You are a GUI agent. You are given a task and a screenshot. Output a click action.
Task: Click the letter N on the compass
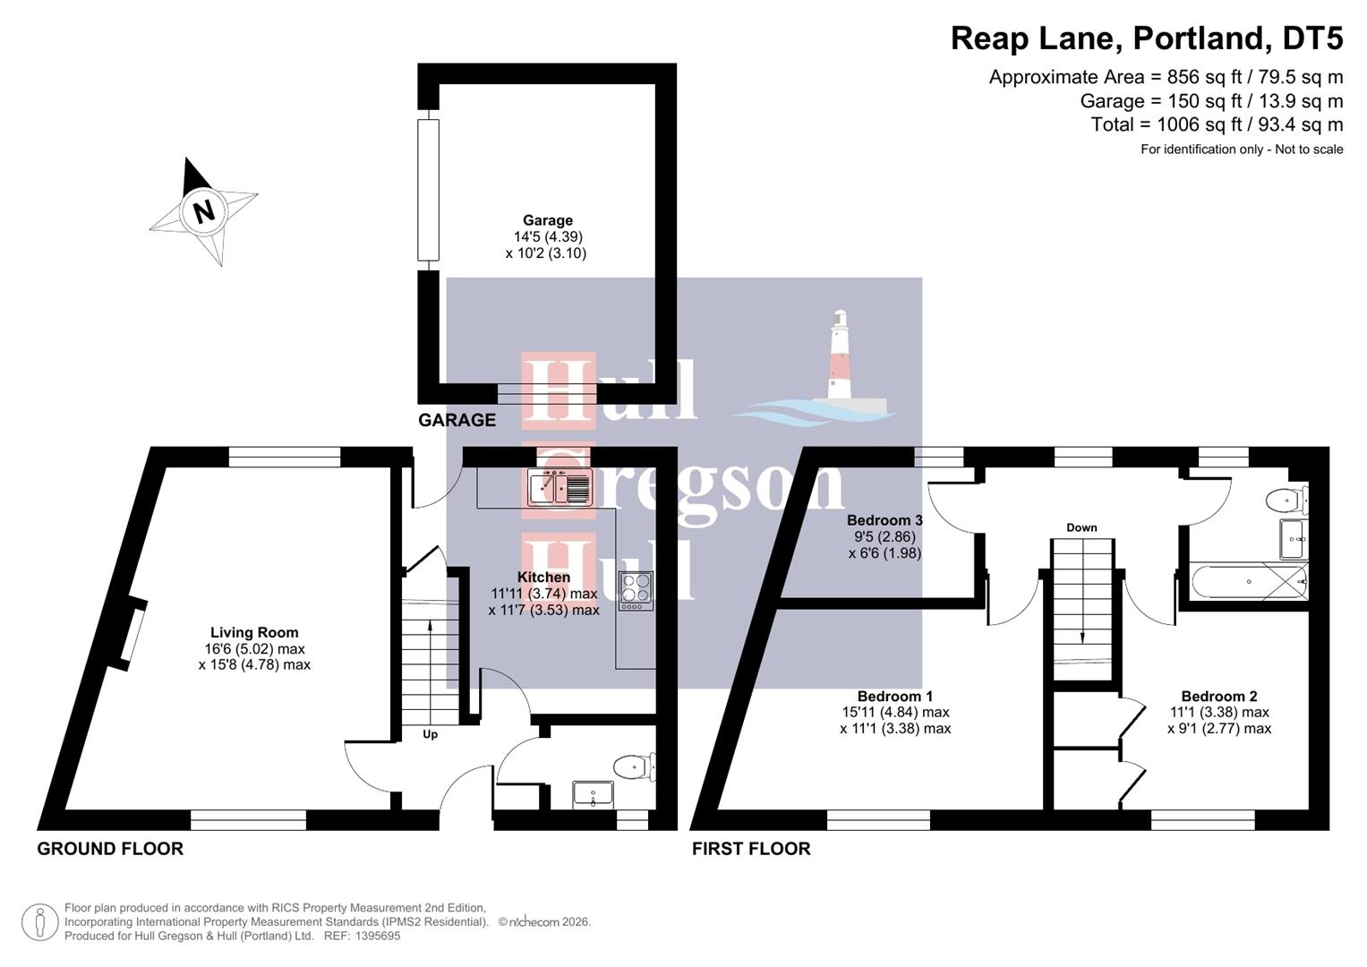[204, 212]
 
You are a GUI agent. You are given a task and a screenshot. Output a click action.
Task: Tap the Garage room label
[547, 220]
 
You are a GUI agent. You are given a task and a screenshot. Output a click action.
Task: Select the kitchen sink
[560, 487]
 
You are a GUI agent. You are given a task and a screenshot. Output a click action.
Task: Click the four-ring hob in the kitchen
[636, 591]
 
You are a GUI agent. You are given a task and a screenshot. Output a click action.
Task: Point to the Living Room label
[254, 632]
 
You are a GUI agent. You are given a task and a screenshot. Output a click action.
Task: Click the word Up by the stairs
[430, 734]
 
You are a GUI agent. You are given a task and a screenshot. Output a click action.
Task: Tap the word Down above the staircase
[1081, 527]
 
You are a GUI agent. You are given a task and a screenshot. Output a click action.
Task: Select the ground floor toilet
[633, 766]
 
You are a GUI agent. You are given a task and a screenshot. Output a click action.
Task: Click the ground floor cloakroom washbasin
[593, 793]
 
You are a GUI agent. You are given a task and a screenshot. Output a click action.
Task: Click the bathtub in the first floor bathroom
[1248, 581]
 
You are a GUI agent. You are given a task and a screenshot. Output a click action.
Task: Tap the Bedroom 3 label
[884, 520]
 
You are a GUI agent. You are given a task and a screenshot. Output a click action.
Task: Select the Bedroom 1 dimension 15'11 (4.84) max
[895, 713]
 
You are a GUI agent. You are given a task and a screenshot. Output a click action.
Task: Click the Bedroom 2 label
[1218, 696]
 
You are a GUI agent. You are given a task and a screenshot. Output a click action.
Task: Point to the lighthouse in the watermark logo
[839, 358]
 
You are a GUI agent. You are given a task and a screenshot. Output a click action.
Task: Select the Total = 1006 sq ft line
[1217, 124]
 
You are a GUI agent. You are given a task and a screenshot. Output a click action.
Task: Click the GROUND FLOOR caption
[110, 849]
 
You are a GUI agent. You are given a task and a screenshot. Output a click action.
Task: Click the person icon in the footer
[39, 921]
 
